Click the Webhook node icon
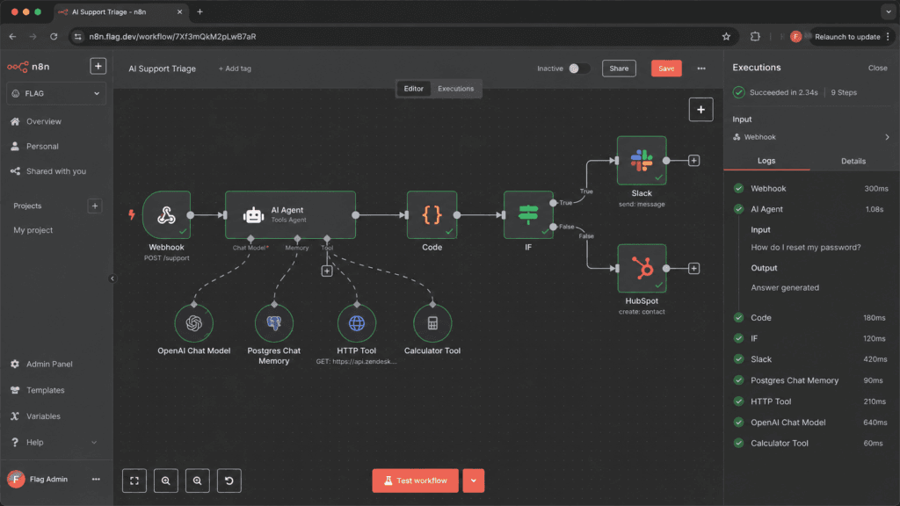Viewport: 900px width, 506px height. [x=166, y=215]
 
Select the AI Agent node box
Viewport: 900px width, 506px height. [x=290, y=215]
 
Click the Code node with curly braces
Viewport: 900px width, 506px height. [x=432, y=215]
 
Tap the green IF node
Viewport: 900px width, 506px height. [x=528, y=215]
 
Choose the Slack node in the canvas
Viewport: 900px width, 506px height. [x=642, y=161]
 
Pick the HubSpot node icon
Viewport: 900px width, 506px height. [x=642, y=269]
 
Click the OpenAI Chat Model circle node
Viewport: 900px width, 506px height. [x=194, y=323]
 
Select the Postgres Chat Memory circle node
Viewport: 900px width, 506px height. [x=274, y=323]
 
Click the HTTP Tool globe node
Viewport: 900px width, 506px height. [x=357, y=323]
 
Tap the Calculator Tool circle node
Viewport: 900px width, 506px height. [x=432, y=323]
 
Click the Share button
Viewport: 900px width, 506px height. [x=619, y=69]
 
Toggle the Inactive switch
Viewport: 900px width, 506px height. [x=578, y=69]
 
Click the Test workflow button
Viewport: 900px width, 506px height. [x=416, y=481]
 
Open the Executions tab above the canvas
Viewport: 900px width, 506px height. [x=456, y=89]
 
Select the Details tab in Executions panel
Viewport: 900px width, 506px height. [x=853, y=162]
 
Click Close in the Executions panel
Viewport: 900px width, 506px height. [x=878, y=68]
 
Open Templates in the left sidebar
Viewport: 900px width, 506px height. [x=46, y=390]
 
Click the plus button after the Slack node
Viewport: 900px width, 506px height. [x=694, y=161]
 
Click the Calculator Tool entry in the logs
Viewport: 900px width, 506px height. [x=780, y=443]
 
